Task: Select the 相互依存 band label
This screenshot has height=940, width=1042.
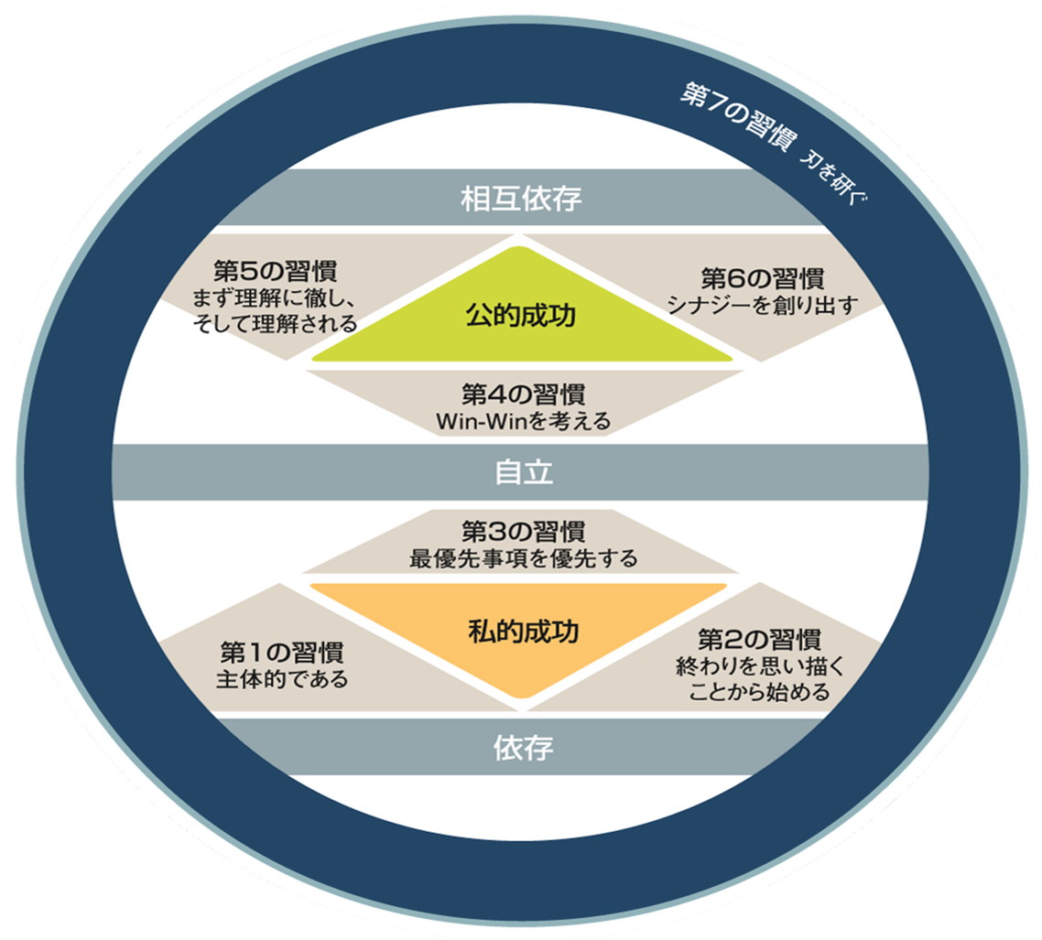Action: click(521, 199)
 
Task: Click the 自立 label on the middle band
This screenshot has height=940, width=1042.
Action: click(524, 472)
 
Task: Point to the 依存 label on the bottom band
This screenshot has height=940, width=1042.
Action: click(523, 748)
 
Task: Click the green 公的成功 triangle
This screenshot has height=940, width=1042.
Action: click(522, 311)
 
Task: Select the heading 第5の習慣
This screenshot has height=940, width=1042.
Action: click(275, 271)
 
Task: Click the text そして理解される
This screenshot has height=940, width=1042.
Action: click(275, 324)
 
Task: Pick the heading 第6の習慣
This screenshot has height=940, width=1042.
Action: click(763, 279)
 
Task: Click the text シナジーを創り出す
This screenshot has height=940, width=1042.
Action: click(763, 306)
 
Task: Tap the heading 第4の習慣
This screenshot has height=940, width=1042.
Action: click(524, 394)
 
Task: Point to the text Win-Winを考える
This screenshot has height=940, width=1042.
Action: click(524, 421)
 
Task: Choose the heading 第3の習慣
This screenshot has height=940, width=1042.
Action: click(524, 532)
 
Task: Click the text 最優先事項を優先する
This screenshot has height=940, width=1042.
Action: click(524, 558)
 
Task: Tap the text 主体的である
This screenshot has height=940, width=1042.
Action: click(282, 679)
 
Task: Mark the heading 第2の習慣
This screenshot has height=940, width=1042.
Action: click(760, 640)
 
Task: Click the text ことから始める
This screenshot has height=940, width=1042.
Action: click(760, 692)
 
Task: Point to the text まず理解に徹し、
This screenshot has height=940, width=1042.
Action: click(275, 298)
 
